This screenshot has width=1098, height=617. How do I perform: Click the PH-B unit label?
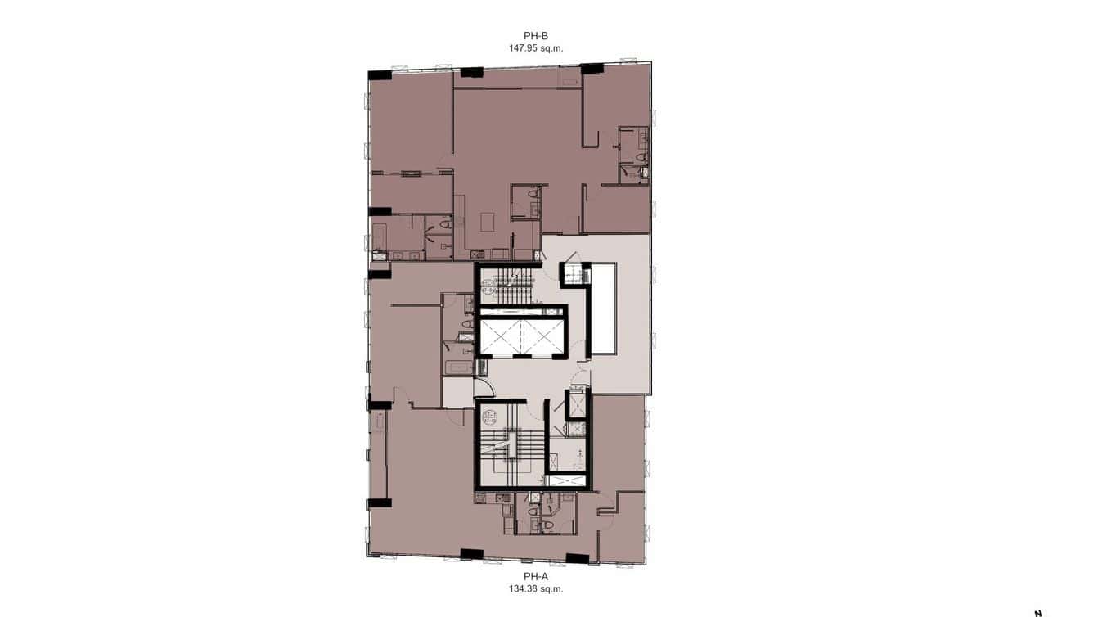tap(537, 35)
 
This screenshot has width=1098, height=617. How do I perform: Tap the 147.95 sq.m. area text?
tap(537, 47)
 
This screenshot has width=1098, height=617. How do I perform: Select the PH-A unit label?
tap(536, 576)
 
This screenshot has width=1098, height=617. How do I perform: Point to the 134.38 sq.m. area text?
tap(536, 588)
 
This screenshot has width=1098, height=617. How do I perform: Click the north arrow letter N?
tap(1038, 612)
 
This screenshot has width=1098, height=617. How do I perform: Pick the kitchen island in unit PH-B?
tap(488, 222)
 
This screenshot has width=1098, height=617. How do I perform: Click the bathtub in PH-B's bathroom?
tap(379, 236)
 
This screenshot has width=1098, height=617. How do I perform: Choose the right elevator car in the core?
tap(542, 338)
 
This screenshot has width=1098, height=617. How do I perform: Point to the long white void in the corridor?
tap(605, 308)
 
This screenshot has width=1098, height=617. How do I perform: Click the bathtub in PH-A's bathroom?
tap(458, 367)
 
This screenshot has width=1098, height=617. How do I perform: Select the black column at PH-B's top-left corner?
tap(380, 75)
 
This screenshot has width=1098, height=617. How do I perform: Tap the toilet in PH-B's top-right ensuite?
tap(642, 156)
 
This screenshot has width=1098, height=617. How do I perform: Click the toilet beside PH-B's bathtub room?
tap(445, 223)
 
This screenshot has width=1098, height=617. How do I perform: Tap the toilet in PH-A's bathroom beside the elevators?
tap(466, 324)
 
